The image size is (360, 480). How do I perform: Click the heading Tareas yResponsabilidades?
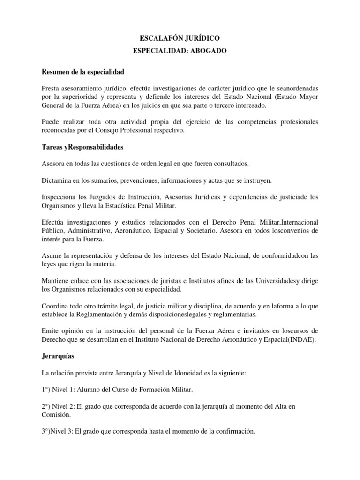(82, 147)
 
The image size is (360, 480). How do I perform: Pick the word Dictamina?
(58, 180)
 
